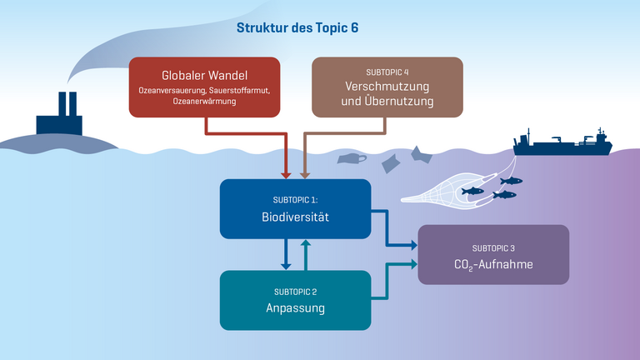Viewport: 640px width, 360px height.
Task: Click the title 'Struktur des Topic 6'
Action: coord(297,27)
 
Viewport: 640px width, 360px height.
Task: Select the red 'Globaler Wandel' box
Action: coord(204,87)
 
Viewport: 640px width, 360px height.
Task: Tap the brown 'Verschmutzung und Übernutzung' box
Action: coord(387,87)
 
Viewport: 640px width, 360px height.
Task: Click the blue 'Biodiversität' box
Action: coord(294,208)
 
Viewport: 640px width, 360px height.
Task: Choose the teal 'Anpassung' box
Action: coord(294,300)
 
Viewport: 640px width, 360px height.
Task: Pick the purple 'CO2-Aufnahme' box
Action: coord(493,255)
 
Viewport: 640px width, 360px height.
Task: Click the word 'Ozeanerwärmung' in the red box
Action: coord(204,102)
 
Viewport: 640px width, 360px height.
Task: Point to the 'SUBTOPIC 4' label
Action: coord(387,72)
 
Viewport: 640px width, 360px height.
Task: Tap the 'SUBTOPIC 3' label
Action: coord(493,247)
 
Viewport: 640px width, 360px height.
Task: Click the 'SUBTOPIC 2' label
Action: coord(294,292)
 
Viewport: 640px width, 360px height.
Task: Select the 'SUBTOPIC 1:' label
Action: coord(294,200)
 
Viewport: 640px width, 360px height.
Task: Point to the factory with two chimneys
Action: coord(59,117)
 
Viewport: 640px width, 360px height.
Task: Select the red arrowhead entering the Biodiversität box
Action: coord(286,174)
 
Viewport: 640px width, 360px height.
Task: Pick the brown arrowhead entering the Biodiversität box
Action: coord(303,174)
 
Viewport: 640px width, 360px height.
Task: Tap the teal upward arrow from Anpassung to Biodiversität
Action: coord(306,250)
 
